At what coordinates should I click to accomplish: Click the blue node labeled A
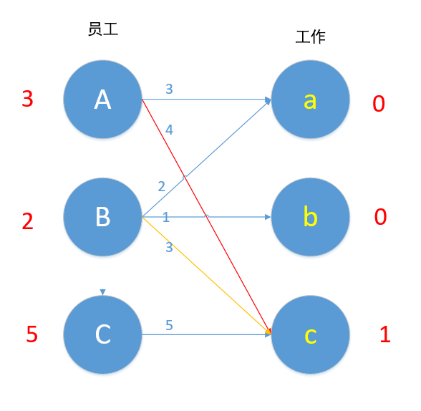tap(102, 100)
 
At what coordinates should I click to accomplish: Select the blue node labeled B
tap(102, 216)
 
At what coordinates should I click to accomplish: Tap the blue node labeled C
tap(102, 334)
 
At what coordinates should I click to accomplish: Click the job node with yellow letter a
tap(310, 100)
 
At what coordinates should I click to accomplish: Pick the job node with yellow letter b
tap(310, 216)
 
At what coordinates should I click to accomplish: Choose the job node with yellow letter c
tap(310, 334)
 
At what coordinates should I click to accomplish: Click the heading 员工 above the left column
tap(102, 29)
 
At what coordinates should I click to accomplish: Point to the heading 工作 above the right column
tap(310, 37)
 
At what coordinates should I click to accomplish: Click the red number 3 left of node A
tap(27, 99)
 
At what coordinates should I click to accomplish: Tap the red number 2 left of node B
tap(27, 221)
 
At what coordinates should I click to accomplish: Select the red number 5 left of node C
tap(32, 334)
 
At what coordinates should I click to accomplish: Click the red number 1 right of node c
tap(384, 334)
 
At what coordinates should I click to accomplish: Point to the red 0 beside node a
tap(379, 104)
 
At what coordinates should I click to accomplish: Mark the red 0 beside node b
tap(380, 216)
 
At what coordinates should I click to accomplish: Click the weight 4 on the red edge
tap(169, 130)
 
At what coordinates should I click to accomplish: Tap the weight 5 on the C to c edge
tap(169, 325)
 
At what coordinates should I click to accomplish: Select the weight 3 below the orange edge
tap(169, 247)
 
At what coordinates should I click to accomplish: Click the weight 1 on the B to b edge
tap(165, 217)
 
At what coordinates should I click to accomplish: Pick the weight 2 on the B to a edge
tap(161, 186)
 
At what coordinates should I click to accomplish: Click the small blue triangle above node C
tap(103, 292)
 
